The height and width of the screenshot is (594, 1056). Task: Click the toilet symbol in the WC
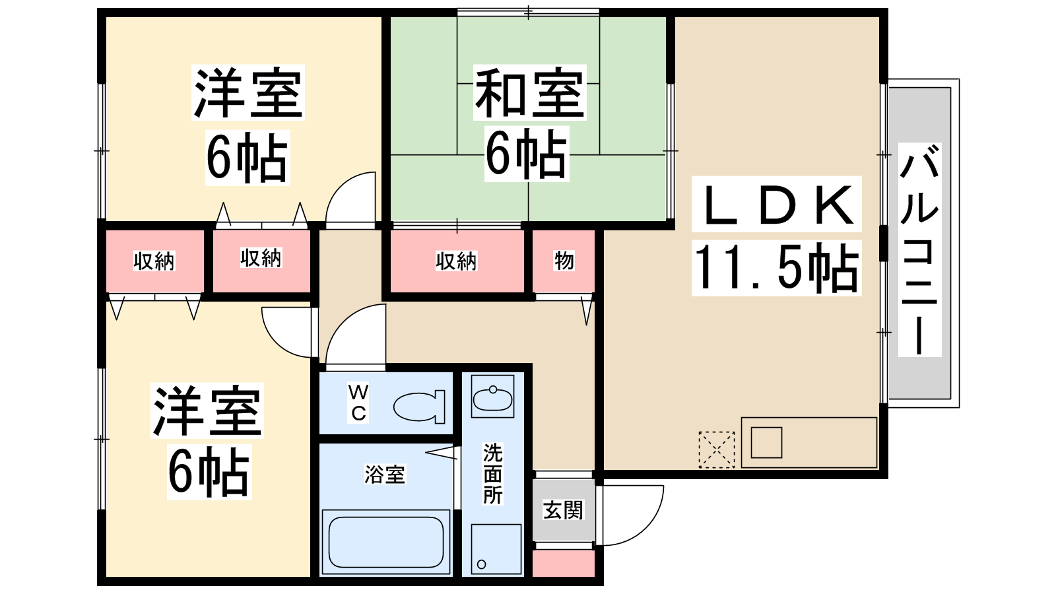(419, 407)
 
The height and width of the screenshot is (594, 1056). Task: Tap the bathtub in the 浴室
(385, 542)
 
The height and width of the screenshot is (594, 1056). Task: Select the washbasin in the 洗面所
(492, 397)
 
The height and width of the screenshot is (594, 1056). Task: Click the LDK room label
(776, 204)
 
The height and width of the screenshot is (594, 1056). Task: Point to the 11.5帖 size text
(776, 268)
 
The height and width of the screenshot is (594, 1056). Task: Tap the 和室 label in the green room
(530, 92)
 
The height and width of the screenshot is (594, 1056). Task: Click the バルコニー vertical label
(920, 250)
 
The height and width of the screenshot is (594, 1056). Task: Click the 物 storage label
(564, 261)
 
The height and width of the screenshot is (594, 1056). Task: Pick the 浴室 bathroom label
(385, 475)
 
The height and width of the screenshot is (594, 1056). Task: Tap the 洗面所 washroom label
(492, 474)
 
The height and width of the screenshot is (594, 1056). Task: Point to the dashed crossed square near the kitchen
(717, 449)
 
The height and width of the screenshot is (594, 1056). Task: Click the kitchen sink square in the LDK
(766, 443)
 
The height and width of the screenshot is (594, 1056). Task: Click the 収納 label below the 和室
(456, 261)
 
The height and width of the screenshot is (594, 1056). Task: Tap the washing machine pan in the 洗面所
(496, 550)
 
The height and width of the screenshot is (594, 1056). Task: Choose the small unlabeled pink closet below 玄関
(564, 563)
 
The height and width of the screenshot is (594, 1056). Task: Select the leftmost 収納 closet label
(154, 261)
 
